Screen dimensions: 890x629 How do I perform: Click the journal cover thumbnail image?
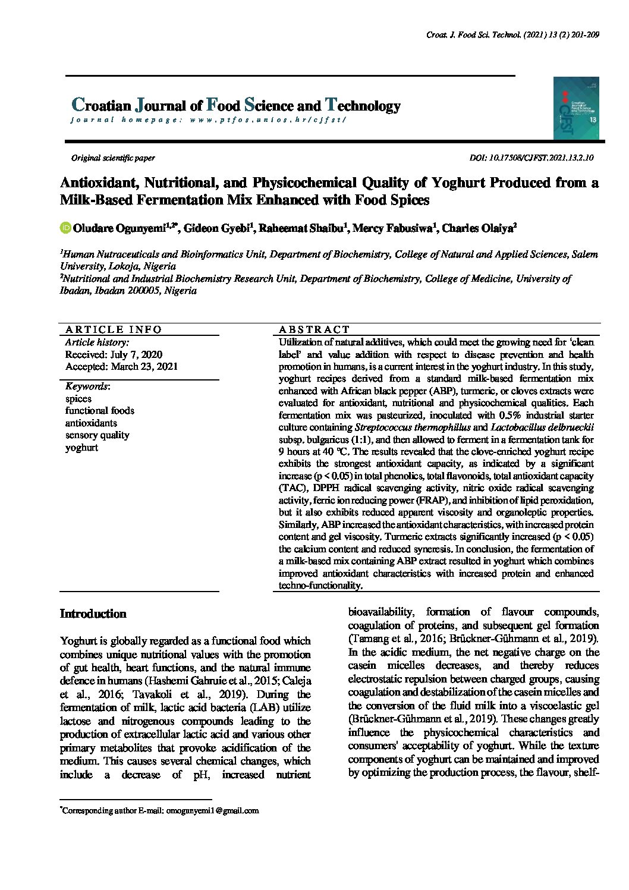pyautogui.click(x=575, y=108)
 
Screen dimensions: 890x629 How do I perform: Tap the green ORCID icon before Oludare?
pyautogui.click(x=65, y=228)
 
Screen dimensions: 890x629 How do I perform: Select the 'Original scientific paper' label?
pyautogui.click(x=113, y=158)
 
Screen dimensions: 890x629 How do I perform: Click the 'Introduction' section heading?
pyautogui.click(x=93, y=614)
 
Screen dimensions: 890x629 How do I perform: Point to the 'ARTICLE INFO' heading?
pyautogui.click(x=114, y=329)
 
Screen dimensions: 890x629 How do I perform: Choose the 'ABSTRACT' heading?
pyautogui.click(x=314, y=329)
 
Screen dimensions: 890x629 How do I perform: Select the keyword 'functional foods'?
pyautogui.click(x=100, y=411)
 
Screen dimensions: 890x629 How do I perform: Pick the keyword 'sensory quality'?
pyautogui.click(x=97, y=435)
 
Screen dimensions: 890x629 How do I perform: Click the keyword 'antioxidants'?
pyautogui.click(x=91, y=423)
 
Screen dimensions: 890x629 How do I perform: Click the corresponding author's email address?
pyautogui.click(x=212, y=810)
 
